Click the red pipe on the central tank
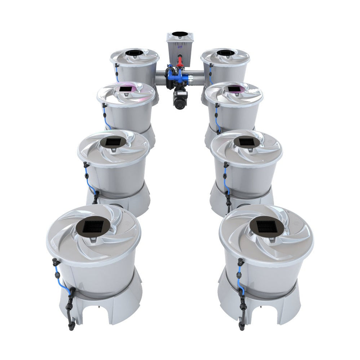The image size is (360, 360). pyautogui.click(x=180, y=61)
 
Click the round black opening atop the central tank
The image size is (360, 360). pyautogui.click(x=180, y=34)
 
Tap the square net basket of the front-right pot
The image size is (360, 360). pyautogui.click(x=266, y=227)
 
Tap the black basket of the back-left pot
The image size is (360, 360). pyautogui.click(x=134, y=53)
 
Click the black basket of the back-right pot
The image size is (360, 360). pyautogui.click(x=225, y=53)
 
